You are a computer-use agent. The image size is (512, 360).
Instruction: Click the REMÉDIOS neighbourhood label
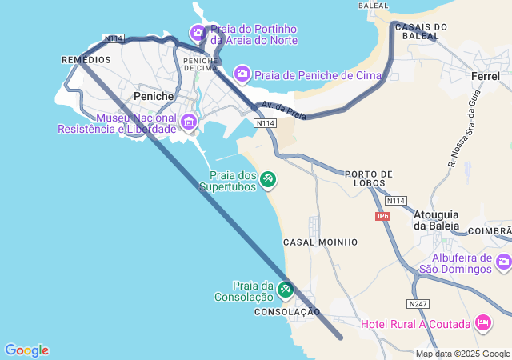[86, 60]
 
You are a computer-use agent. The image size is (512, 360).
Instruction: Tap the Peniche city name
[154, 96]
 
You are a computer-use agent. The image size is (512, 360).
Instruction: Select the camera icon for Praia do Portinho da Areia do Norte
[198, 33]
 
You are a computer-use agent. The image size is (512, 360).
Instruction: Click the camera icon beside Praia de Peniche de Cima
[242, 74]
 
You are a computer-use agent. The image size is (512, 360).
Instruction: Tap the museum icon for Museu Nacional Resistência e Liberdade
[189, 122]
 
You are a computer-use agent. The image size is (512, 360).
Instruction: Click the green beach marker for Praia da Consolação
[286, 290]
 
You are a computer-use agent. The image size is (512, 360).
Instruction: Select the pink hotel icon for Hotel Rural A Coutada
[483, 322]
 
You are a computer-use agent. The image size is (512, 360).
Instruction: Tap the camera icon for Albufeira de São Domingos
[503, 262]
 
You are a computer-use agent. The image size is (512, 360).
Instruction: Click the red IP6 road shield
[382, 216]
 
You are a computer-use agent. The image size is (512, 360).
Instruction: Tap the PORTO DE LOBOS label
[369, 178]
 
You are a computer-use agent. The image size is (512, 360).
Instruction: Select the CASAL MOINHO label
[320, 242]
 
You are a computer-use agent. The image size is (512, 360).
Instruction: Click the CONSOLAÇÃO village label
[287, 312]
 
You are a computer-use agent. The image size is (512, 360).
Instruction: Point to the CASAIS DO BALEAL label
[421, 31]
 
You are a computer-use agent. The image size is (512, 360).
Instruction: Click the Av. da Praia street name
[283, 111]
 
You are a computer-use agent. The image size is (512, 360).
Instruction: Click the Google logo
[26, 350]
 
